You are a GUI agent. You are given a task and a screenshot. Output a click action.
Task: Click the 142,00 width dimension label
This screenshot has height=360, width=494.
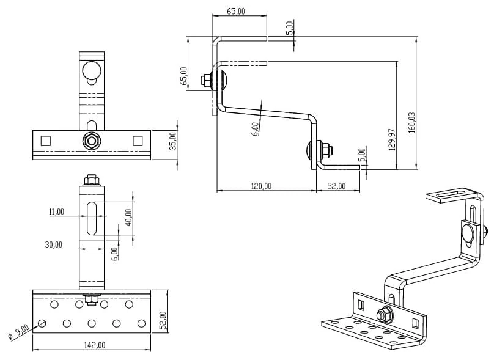coord(92,345)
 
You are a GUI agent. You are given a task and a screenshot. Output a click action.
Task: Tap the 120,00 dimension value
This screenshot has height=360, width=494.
coord(261,186)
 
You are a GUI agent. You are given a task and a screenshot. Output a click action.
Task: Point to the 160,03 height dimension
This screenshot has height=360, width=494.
coord(411,122)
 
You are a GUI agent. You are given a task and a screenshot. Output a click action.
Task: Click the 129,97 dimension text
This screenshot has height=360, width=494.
coord(392,139)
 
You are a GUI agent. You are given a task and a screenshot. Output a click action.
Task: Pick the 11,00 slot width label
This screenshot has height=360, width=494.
coord(56,211)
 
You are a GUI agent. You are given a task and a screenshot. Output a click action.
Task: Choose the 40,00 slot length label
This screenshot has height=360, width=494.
coord(128,217)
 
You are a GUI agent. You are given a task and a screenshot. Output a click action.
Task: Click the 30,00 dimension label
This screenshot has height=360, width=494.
coord(53,244)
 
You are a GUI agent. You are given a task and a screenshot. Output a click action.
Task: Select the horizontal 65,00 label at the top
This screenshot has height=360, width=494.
coord(236,11)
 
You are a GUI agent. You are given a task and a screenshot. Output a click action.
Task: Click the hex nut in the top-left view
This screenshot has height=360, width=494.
coord(91,141)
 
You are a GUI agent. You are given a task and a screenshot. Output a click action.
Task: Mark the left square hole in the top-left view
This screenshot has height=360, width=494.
coord(45,141)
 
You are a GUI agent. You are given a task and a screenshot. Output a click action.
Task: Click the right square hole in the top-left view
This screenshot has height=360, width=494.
coord(137,141)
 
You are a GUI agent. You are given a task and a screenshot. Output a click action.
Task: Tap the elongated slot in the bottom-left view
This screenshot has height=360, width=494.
coord(92,218)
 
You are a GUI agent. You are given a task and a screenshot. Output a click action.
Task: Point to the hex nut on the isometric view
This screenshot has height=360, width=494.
coord(385,315)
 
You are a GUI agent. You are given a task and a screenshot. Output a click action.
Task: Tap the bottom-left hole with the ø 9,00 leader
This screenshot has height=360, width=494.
coord(42,323)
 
